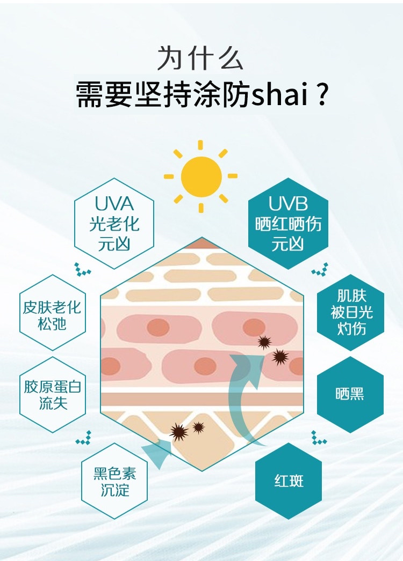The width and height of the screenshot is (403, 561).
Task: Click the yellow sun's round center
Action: pos(201,176)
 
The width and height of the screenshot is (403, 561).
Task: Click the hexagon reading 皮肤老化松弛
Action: pos(52,315)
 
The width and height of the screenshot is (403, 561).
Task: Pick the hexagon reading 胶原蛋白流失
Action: pos(53,394)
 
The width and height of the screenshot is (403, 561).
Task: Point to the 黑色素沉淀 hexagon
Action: pos(114,481)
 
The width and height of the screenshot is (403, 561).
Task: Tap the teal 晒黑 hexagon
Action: pos(350,394)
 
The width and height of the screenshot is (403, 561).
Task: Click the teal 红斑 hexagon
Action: pos(289,480)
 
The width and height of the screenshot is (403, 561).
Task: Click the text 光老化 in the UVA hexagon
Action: pos(114,224)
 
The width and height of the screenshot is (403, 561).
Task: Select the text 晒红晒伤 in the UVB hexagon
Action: pos(288,224)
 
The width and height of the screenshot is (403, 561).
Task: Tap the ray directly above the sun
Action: pos(201,145)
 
